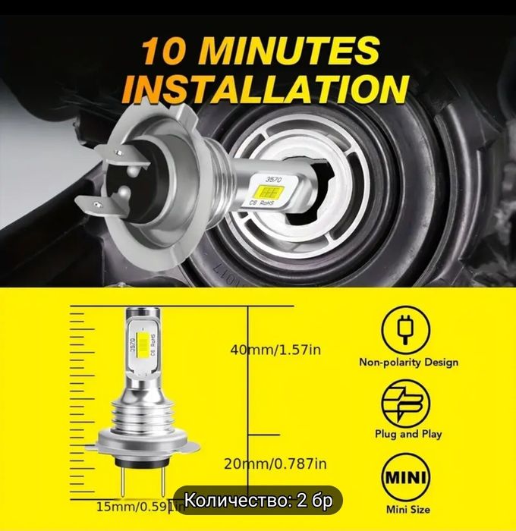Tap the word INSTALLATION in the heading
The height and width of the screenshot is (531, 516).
[x=266, y=88]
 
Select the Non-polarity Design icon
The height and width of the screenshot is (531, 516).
[x=408, y=326]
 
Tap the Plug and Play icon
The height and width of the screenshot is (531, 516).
[x=408, y=401]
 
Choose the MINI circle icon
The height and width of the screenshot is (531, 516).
[x=408, y=477]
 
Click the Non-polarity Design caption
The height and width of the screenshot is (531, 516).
[x=408, y=363]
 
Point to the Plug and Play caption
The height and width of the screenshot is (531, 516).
[x=408, y=435]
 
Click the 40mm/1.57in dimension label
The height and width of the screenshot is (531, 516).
[x=276, y=350]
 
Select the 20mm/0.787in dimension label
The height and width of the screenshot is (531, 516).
[x=277, y=463]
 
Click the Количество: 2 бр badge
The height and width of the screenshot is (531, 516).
[x=258, y=501]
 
